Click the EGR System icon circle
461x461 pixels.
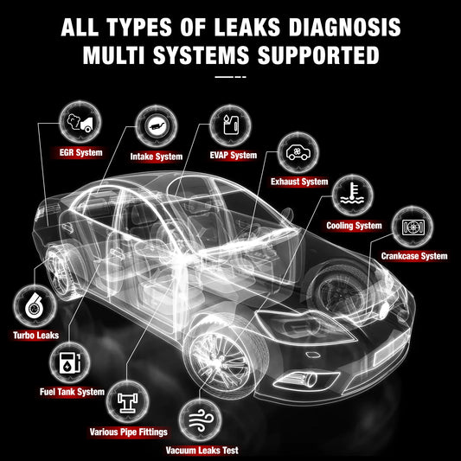point(80,122)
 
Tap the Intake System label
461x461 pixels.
point(157,157)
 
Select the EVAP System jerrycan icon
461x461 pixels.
point(231,125)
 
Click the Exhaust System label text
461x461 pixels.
point(299,182)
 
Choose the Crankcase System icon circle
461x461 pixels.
point(413,227)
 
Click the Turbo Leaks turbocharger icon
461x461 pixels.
point(34,305)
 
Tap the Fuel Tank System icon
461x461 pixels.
point(70,362)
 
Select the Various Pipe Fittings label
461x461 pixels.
point(129,432)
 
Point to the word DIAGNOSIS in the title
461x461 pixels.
point(344,27)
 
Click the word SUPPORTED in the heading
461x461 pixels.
point(318,55)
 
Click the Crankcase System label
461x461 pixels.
point(414,256)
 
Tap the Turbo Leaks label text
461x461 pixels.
point(35,336)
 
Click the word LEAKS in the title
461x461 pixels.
point(247,27)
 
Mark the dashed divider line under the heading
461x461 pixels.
point(230,77)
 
